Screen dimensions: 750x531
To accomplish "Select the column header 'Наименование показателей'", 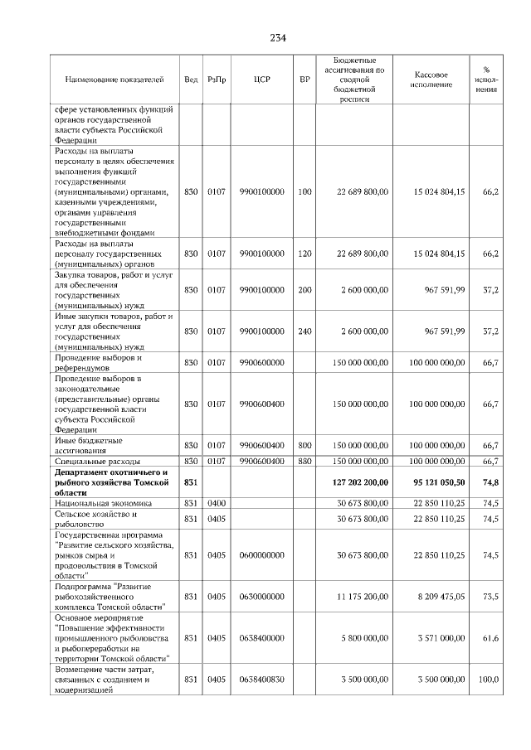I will pos(114,80).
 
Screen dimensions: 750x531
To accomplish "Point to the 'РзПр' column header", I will pos(217,80).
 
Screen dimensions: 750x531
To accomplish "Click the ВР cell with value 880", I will pos(304,461).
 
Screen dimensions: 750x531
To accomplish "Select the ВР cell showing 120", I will pos(304,254).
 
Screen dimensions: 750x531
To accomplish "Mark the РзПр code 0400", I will pos(217,502).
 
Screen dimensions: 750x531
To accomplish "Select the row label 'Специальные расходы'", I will pos(96,461).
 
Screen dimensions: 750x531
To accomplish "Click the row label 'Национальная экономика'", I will pos(102,502).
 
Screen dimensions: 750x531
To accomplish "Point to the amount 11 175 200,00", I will pos(363,595).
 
